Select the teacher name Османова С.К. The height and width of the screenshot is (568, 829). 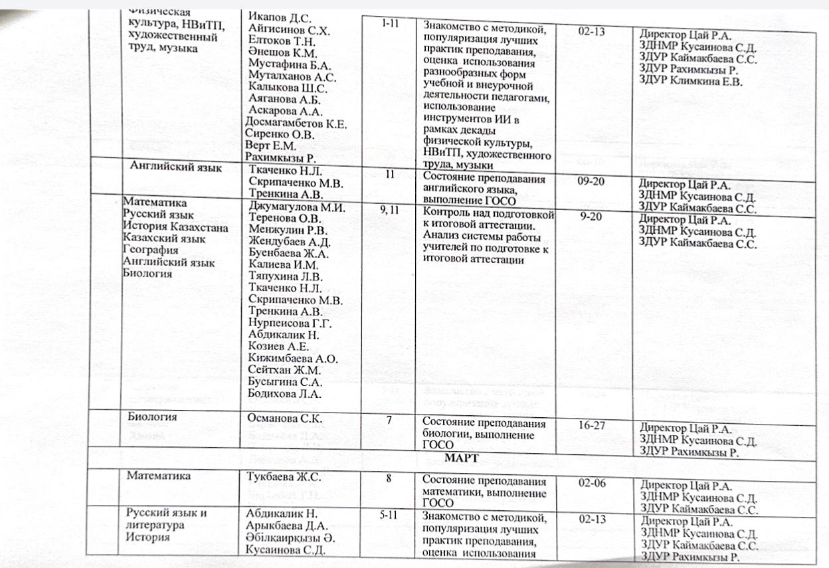click(284, 418)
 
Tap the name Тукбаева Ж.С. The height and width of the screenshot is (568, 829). click(284, 476)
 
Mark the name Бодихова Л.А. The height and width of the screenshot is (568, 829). click(285, 394)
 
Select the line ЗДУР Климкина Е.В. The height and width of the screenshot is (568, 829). click(690, 82)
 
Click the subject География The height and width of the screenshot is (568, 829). click(151, 250)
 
